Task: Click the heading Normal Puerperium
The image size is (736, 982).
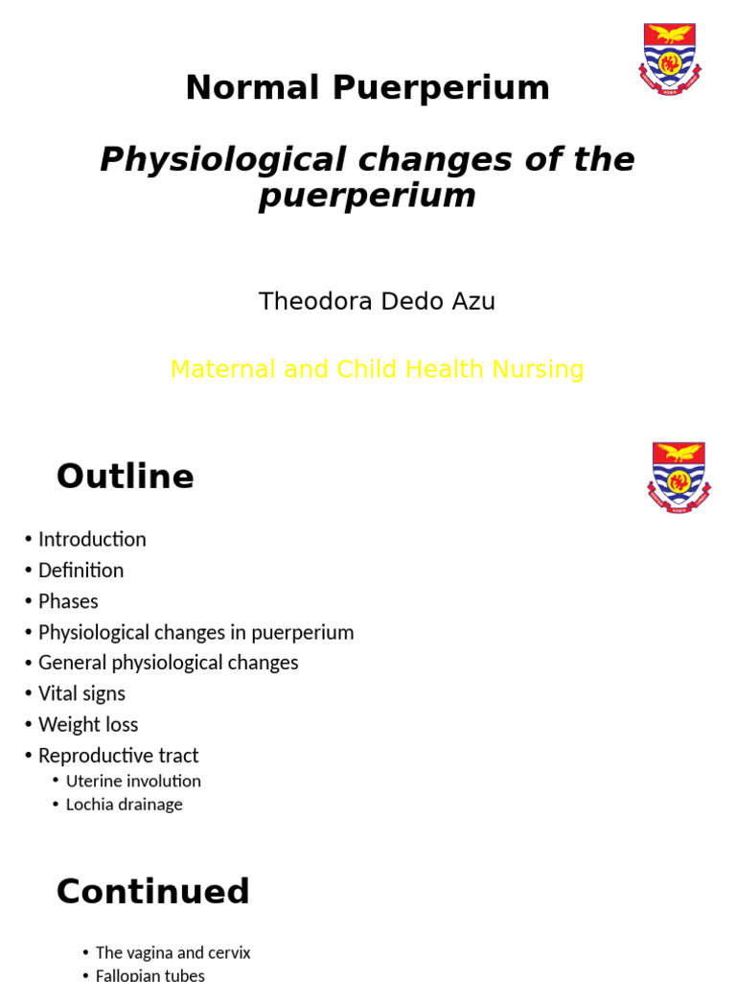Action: point(367,88)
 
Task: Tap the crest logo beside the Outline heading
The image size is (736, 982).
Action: point(678,477)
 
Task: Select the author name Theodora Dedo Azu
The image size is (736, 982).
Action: point(377,302)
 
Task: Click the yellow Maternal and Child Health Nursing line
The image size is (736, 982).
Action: point(377,369)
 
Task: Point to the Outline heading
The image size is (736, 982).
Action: point(126,477)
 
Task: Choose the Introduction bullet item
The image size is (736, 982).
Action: point(92,539)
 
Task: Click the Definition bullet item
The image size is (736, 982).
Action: point(80,571)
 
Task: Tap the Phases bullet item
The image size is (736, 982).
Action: point(68,601)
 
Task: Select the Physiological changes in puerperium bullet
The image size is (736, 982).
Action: point(195,633)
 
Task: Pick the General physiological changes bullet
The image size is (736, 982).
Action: point(168,663)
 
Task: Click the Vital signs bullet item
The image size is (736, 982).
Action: point(81,693)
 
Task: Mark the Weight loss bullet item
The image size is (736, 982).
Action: point(88,724)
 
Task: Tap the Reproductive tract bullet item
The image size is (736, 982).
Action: point(118,756)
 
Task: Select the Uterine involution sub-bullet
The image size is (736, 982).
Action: point(133,782)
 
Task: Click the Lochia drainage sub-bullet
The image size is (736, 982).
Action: point(124,805)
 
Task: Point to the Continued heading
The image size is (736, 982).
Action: point(153,892)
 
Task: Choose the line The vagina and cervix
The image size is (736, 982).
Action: point(172,953)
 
